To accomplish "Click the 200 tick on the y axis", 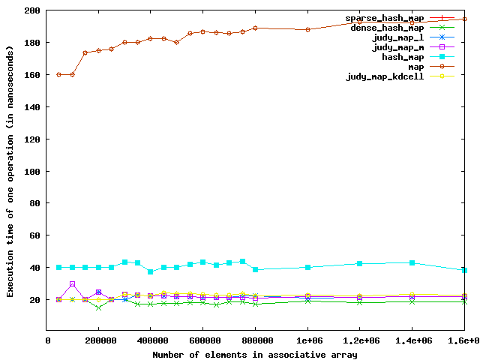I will point(31,11).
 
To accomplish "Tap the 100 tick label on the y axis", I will point(31,172).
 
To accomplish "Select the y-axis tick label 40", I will point(34,268).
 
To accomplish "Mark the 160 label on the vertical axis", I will point(31,75).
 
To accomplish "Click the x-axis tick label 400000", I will point(150,341).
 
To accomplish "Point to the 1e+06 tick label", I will point(307,341).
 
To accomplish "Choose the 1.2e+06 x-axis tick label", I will point(360,341).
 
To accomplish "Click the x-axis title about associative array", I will point(255,354).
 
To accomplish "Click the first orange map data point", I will point(59,75).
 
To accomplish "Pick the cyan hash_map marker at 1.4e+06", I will point(412,262).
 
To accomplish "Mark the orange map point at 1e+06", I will point(307,30).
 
